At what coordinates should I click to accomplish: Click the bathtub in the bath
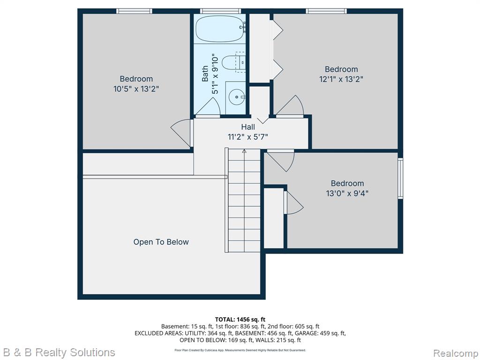coord(220,29)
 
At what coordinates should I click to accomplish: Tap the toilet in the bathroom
coord(232,62)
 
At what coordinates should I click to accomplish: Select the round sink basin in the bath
coord(237,97)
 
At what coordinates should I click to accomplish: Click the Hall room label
coord(248,127)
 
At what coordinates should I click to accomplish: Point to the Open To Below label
coord(161,242)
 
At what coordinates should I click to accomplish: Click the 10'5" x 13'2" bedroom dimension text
coord(136,89)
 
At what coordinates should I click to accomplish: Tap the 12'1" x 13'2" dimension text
coord(341,79)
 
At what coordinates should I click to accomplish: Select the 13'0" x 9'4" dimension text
coord(347,193)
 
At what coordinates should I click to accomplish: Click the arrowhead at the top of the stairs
coord(244,150)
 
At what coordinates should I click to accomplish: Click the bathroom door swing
coord(208,107)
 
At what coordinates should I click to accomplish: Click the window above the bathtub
coord(220,11)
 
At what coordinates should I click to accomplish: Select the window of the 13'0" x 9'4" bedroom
coord(400,178)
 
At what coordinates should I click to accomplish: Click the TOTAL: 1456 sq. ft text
coord(240,320)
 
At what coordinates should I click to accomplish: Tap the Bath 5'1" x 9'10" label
coord(210,75)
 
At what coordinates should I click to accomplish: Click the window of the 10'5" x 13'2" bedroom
coord(134,11)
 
